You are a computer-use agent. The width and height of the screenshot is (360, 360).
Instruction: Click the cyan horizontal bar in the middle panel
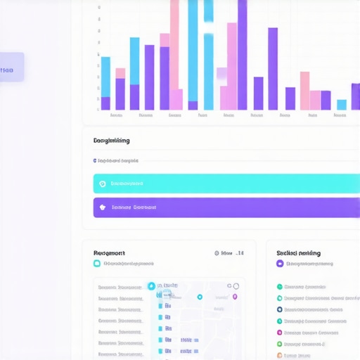pos(225,184)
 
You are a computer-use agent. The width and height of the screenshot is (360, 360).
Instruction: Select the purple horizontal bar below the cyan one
pos(225,207)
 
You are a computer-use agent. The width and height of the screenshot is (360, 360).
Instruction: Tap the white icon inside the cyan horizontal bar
pos(103,184)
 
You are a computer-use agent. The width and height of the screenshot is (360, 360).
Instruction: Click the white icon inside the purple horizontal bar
pos(103,207)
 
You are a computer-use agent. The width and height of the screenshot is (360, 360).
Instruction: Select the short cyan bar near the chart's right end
pos(342,105)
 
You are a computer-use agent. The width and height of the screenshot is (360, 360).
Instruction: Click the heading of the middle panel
pos(111,141)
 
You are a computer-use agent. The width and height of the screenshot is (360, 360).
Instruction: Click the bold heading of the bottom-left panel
pos(109,252)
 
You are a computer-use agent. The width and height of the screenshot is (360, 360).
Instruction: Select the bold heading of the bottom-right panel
pos(298,252)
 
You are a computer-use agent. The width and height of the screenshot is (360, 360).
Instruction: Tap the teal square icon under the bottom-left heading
pos(97,264)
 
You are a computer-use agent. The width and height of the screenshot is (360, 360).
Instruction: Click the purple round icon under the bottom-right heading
pos(280,264)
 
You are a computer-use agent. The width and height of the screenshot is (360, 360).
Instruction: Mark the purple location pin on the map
pos(235,297)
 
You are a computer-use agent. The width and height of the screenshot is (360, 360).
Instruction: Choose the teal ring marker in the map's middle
pos(200,297)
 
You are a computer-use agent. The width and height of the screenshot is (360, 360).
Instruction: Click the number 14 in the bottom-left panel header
pos(240,253)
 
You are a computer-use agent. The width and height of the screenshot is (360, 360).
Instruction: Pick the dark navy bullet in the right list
pos(279,309)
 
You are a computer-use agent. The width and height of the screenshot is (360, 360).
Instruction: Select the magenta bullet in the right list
pos(279,333)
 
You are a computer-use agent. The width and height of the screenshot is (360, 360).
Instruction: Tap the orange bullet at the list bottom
pos(279,355)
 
